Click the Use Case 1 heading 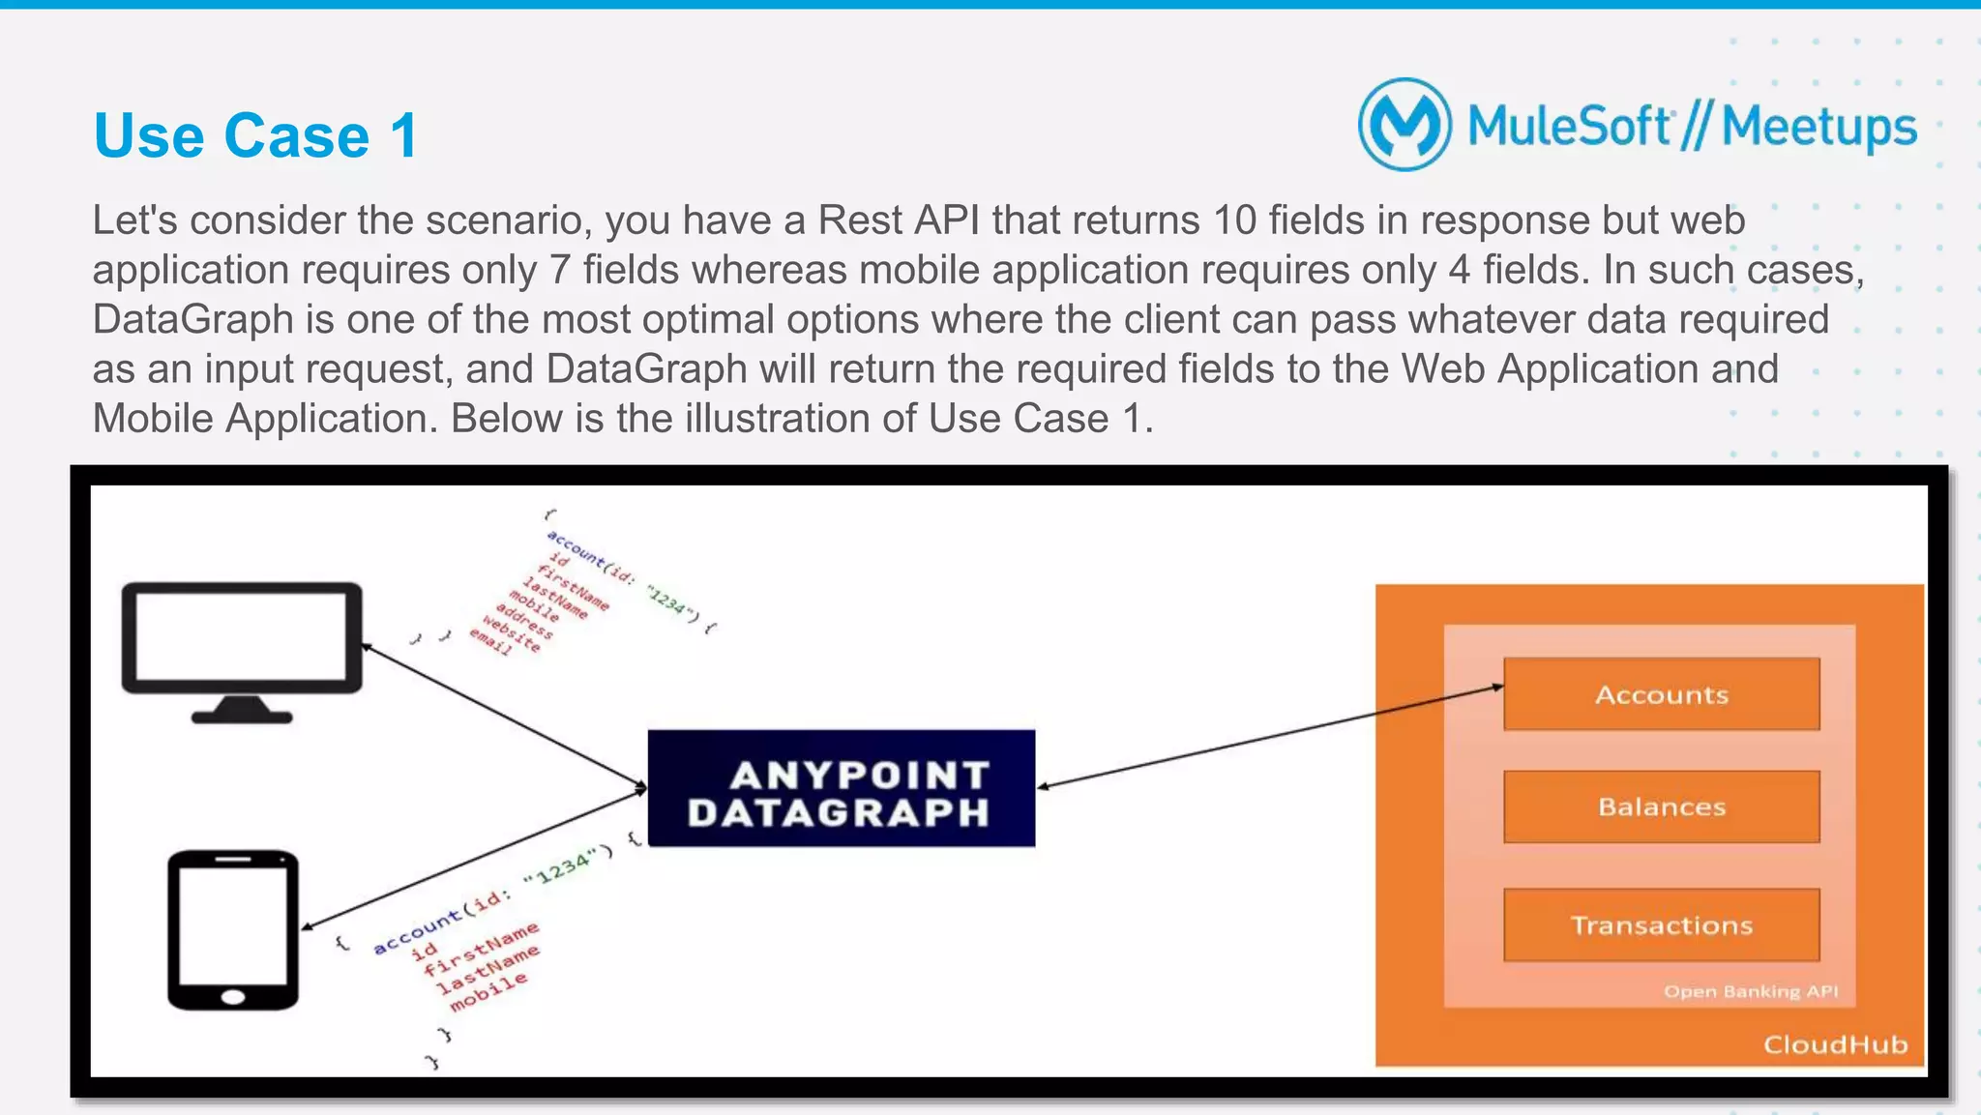[255, 135]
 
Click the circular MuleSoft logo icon [1404, 125]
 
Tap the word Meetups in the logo [1818, 128]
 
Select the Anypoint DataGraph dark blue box [841, 789]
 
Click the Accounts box [1661, 694]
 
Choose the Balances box [1661, 807]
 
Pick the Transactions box [1661, 925]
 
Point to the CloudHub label [1834, 1044]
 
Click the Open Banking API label [1750, 991]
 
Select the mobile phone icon [233, 930]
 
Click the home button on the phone [233, 997]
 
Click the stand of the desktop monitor [241, 711]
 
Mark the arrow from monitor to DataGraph [503, 716]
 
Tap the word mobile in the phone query [488, 992]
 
